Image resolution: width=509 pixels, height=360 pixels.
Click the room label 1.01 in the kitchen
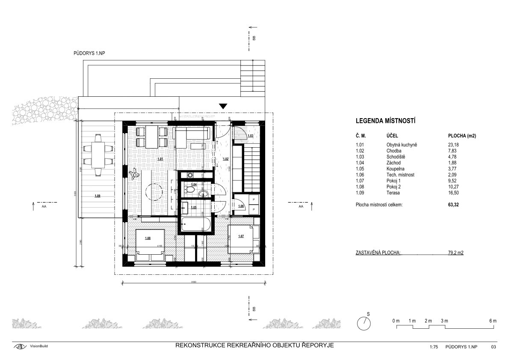point(160,159)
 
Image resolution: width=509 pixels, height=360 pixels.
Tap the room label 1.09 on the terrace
point(98,196)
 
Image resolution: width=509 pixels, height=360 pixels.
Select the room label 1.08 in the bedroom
point(148,238)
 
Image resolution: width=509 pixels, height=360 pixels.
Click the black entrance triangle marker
point(223,106)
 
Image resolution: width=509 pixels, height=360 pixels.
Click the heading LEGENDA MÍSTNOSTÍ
point(386,122)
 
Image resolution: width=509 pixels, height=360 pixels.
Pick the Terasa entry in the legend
point(388,193)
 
